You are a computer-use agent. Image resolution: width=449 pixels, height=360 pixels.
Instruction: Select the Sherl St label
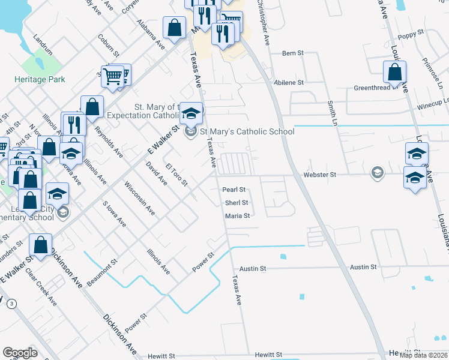click(x=237, y=203)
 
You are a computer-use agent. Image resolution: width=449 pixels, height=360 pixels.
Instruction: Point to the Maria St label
click(x=237, y=216)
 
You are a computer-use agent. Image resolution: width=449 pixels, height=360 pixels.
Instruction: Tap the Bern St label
click(x=294, y=53)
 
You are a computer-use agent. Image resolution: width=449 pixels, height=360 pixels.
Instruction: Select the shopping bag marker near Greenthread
click(x=394, y=72)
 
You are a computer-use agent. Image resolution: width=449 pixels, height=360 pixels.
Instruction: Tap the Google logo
click(x=20, y=353)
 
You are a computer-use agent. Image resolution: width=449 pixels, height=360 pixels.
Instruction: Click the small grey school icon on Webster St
click(x=377, y=173)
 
